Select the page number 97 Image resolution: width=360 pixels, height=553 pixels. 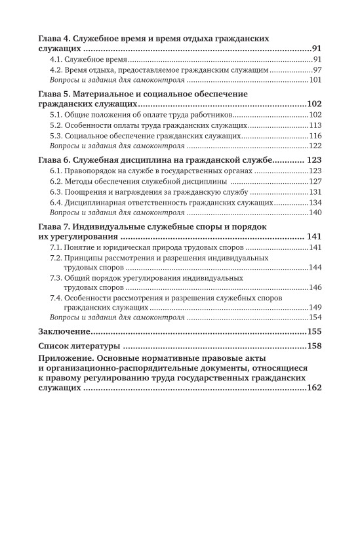click(x=316, y=70)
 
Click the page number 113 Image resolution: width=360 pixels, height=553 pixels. click(x=315, y=125)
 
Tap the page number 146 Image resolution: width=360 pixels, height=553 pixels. click(x=315, y=288)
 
